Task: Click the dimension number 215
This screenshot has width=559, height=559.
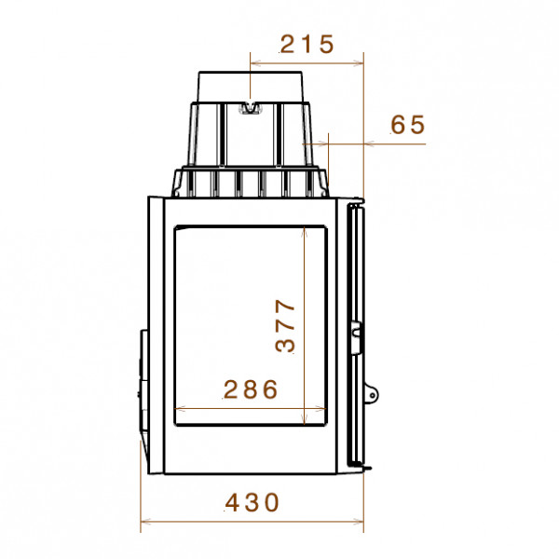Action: click(x=307, y=44)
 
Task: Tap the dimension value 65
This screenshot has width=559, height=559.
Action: click(x=408, y=125)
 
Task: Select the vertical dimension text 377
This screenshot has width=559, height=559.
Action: click(x=286, y=326)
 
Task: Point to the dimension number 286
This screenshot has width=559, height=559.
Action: click(x=251, y=389)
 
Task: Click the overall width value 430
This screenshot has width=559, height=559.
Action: click(x=252, y=502)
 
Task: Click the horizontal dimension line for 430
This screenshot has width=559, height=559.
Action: click(x=252, y=522)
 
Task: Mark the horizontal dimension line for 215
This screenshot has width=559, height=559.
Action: click(x=307, y=63)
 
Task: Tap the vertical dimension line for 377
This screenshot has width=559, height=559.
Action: click(x=304, y=325)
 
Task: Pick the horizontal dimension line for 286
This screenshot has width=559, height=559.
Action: click(x=251, y=409)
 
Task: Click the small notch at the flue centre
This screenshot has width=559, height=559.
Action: click(x=251, y=108)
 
